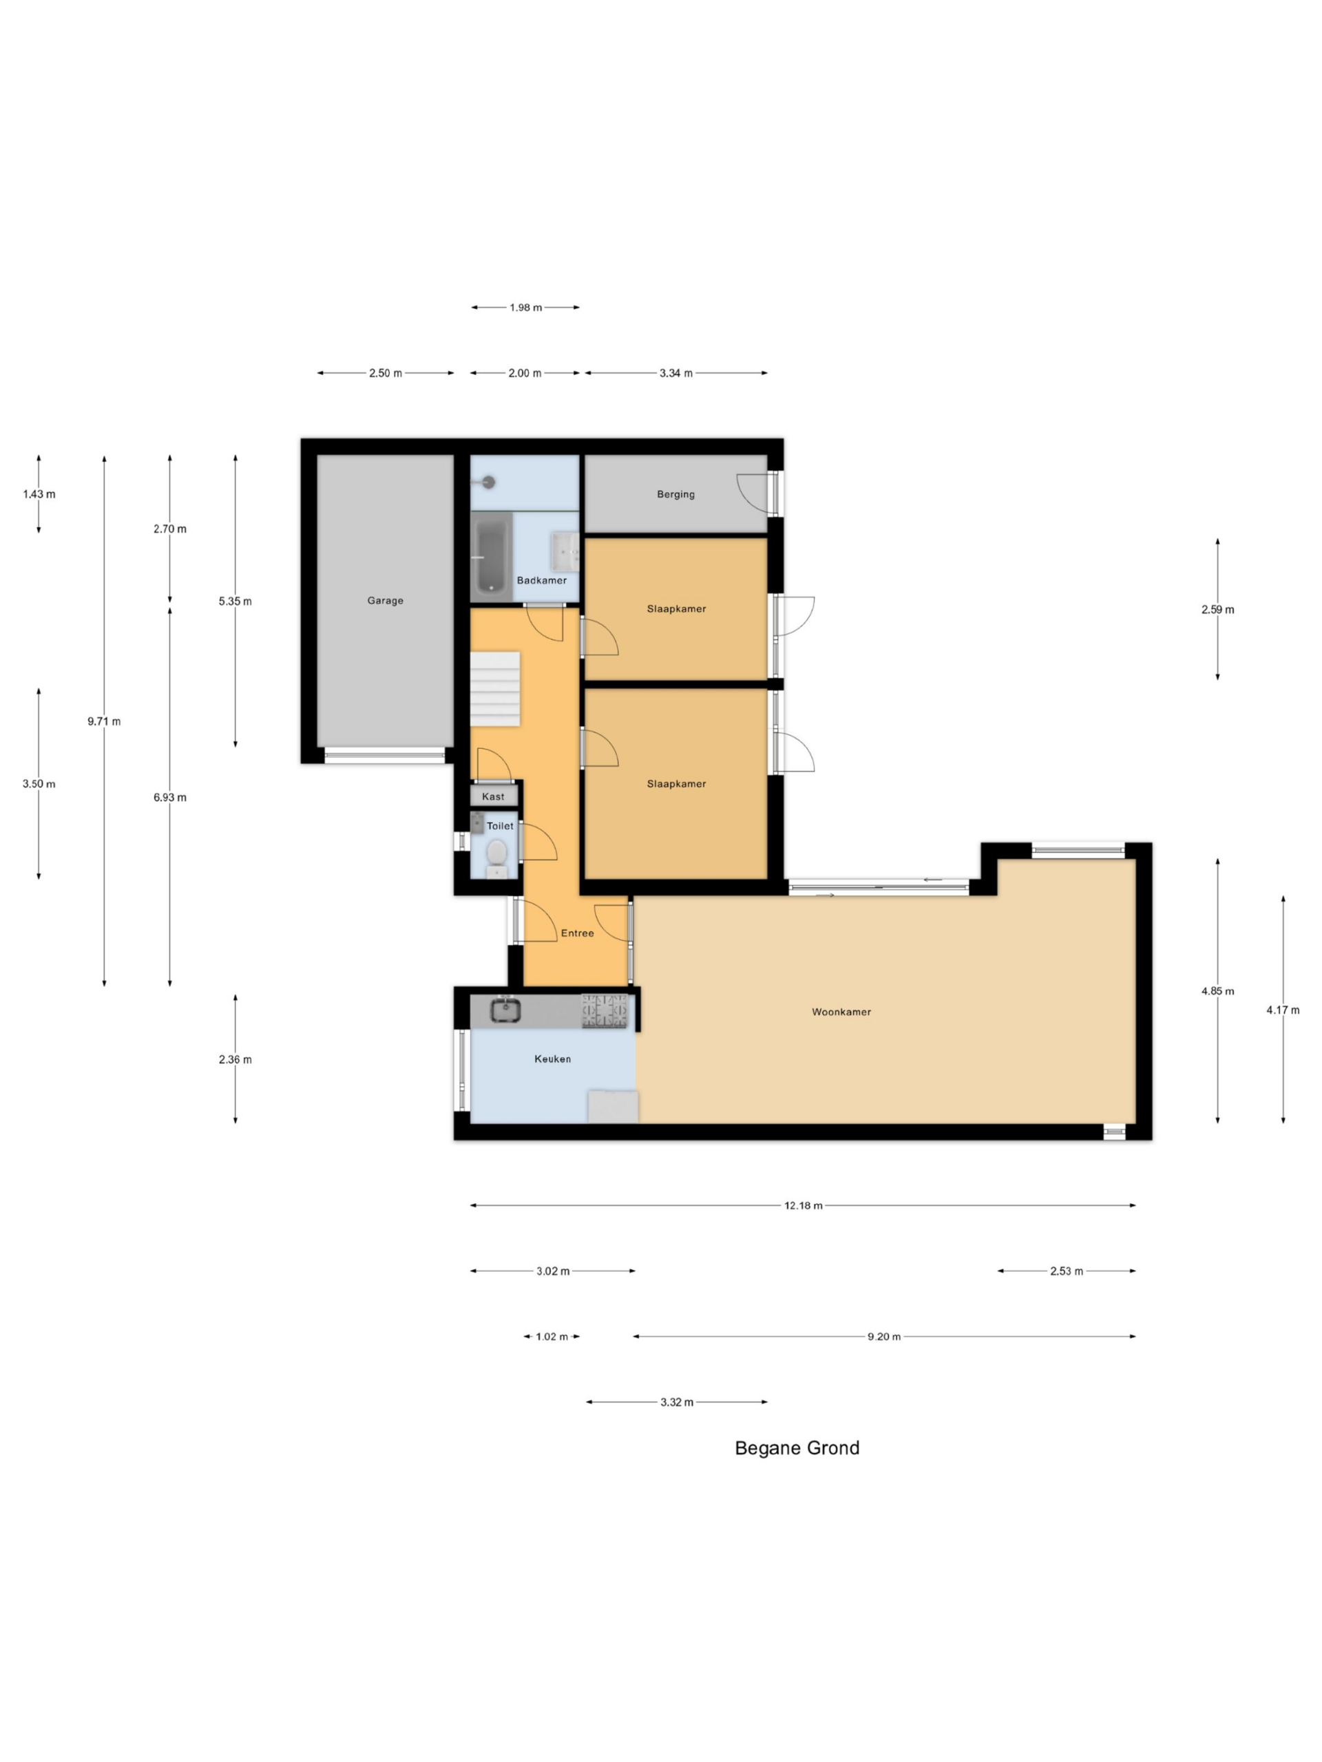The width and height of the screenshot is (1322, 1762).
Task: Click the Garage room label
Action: [x=385, y=601]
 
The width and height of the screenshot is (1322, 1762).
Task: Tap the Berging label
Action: [x=675, y=494]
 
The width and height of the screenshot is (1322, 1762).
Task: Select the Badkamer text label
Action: [x=542, y=580]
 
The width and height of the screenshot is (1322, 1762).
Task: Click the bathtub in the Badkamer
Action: [x=491, y=556]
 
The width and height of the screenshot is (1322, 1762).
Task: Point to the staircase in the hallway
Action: [x=495, y=689]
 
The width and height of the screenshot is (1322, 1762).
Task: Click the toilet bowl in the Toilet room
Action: [x=496, y=851]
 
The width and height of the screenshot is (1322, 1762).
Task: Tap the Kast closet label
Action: [x=493, y=796]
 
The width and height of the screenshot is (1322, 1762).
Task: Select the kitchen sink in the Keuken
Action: [x=505, y=1010]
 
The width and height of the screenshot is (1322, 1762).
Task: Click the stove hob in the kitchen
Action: [x=604, y=1011]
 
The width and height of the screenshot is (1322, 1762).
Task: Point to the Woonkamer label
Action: [x=841, y=1012]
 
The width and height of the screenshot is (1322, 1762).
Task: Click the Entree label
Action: [x=578, y=933]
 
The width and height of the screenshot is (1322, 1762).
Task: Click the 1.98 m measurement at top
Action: [x=526, y=308]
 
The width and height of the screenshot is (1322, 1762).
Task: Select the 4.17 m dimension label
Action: [x=1283, y=1010]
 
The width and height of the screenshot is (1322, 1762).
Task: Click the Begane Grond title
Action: [x=797, y=1448]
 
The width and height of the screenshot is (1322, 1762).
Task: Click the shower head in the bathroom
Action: [x=488, y=482]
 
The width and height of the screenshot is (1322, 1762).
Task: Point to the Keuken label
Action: [x=552, y=1059]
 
